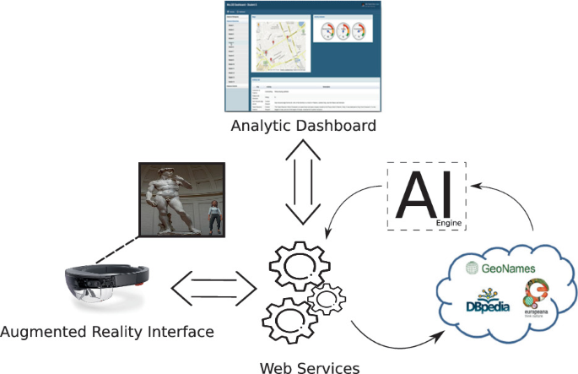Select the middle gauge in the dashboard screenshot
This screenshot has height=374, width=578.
[343, 31]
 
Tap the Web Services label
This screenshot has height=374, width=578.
[309, 366]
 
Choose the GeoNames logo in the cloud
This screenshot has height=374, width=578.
[502, 269]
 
